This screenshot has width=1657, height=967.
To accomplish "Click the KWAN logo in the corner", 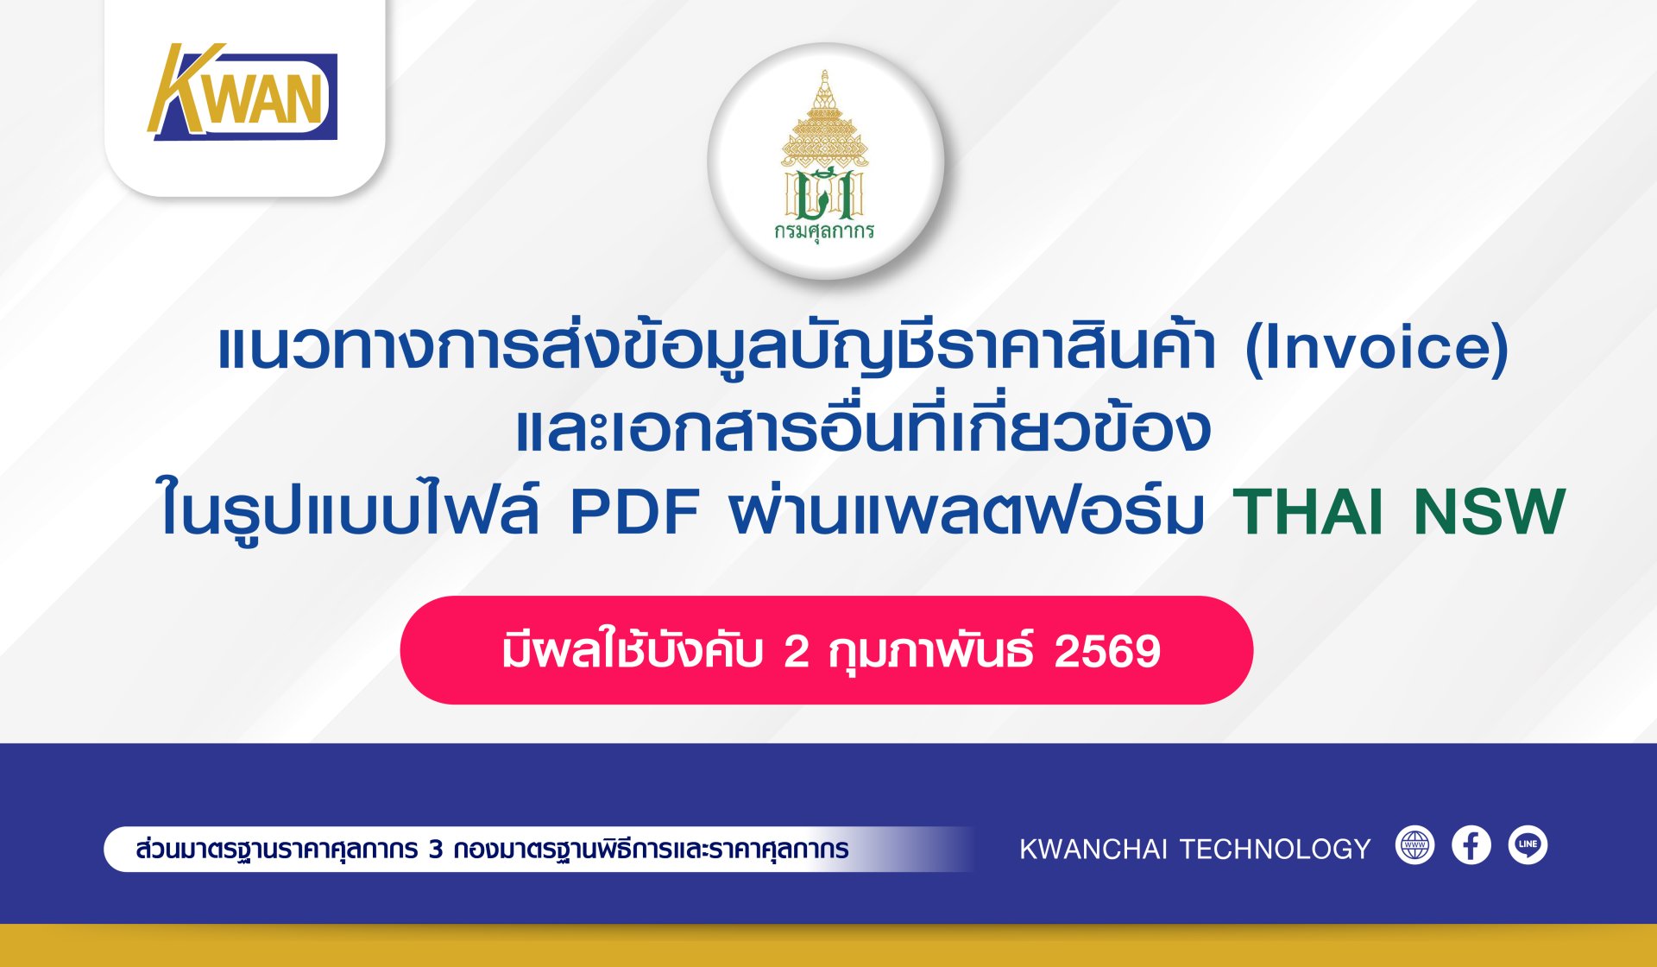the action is click(x=243, y=92).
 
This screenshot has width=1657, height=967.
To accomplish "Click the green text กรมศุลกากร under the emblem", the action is click(x=824, y=231).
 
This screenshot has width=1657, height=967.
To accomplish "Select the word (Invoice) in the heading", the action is click(x=1377, y=348).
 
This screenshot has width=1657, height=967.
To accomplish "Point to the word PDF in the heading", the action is click(x=635, y=513).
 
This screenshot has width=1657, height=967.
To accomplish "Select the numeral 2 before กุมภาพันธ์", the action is click(x=796, y=652).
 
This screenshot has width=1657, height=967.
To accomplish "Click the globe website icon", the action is click(x=1414, y=845).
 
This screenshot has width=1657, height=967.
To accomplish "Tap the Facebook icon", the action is click(x=1471, y=845).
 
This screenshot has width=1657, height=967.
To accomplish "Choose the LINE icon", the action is click(x=1528, y=845).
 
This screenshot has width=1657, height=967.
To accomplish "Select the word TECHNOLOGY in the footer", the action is click(x=1275, y=850).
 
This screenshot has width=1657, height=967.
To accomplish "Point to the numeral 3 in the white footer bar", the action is click(x=436, y=850).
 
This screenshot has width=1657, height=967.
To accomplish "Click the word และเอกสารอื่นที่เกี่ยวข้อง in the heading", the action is click(x=863, y=427).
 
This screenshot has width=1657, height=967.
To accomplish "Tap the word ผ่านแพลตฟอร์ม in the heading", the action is click(x=966, y=509).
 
